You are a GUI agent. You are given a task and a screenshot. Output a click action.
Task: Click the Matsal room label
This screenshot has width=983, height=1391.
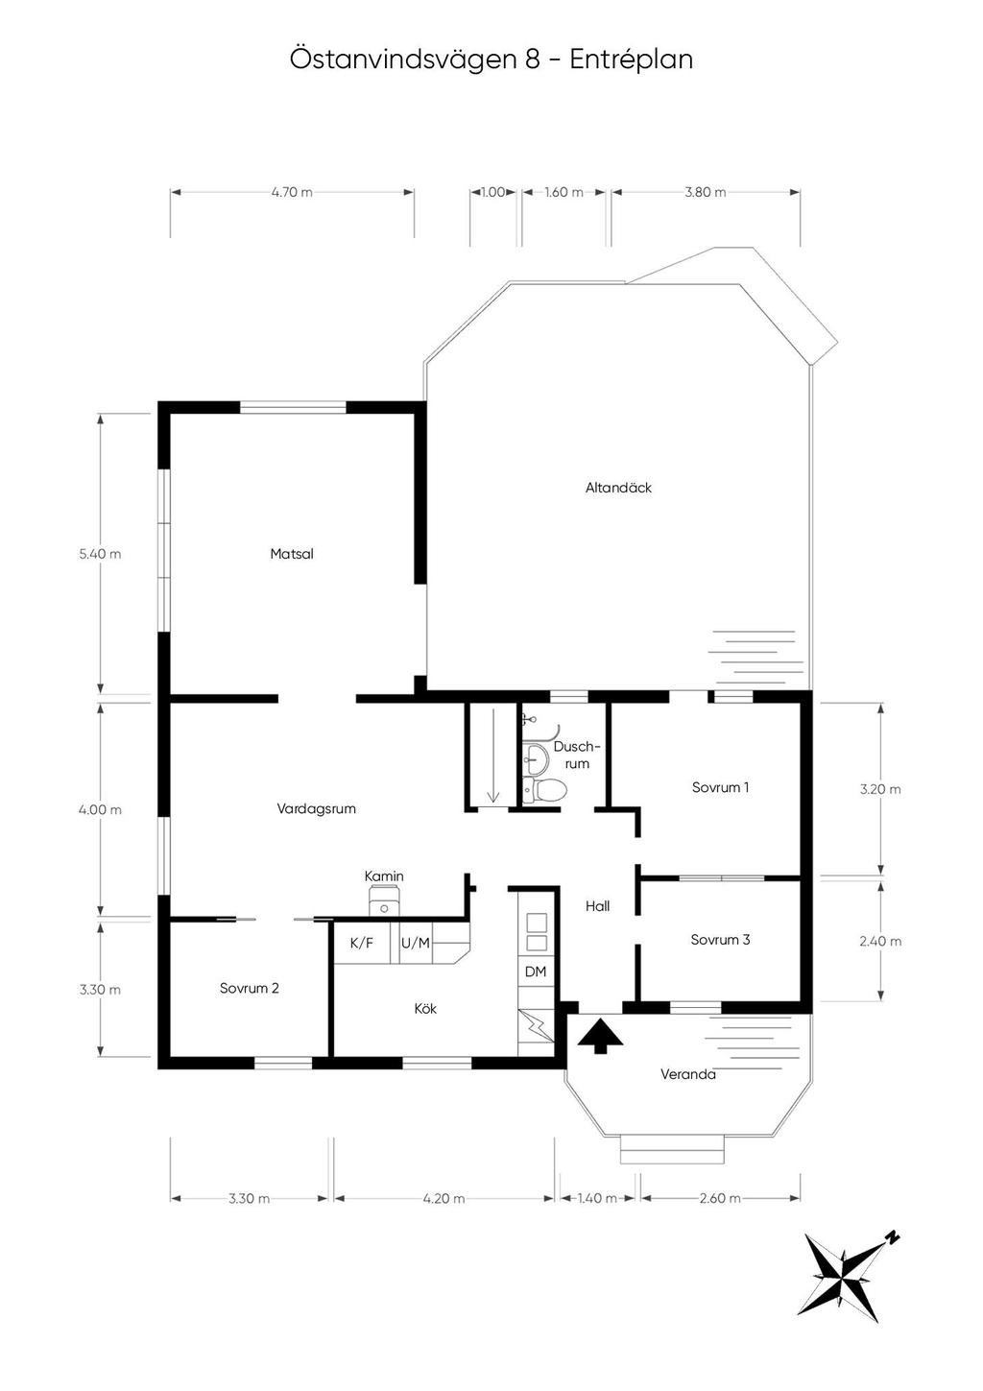tap(291, 553)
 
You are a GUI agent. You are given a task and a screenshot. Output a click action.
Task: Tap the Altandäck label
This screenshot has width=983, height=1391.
tap(618, 488)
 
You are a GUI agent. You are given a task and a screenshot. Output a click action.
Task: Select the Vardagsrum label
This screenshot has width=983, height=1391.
tap(316, 808)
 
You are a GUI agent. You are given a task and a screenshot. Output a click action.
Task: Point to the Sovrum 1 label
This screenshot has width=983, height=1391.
tap(720, 787)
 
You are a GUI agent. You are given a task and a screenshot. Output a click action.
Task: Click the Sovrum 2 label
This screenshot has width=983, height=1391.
tap(249, 988)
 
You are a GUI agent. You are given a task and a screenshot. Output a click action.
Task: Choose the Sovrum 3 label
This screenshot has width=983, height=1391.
tap(720, 940)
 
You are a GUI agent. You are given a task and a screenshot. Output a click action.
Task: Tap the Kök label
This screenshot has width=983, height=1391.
tap(425, 1009)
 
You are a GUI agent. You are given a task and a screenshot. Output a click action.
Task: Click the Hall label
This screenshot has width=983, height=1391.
tap(597, 906)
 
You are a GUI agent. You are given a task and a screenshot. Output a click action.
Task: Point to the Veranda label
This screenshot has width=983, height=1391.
tap(688, 1073)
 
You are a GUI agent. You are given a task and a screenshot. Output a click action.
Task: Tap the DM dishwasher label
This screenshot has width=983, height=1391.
tap(536, 971)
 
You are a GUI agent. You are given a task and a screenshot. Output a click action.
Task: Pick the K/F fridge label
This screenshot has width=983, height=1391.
tap(361, 944)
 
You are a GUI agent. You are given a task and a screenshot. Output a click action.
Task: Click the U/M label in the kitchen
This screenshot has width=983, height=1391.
tap(416, 944)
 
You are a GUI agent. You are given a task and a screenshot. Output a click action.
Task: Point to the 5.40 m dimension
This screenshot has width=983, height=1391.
tap(100, 553)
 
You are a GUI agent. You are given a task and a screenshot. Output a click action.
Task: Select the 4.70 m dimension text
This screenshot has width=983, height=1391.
tap(292, 192)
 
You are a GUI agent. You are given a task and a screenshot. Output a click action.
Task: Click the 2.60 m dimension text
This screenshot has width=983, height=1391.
tap(720, 1198)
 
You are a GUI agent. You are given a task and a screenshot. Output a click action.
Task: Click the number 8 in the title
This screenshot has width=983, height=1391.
tap(532, 60)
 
